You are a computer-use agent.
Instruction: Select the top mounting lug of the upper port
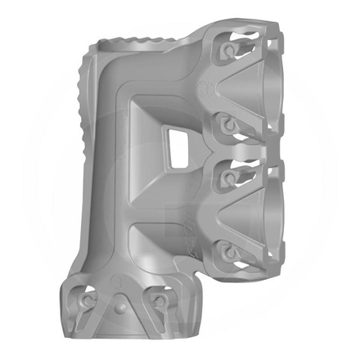[227, 52]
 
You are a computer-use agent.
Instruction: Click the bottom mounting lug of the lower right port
[227, 249]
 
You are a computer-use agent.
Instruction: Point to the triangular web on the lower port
[217, 211]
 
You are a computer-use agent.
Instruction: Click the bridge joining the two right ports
[245, 150]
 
